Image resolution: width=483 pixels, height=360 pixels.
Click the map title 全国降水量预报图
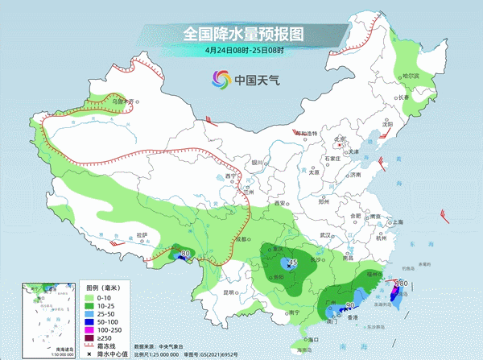tap(242, 35)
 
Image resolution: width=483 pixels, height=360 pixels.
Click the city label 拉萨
tap(142, 234)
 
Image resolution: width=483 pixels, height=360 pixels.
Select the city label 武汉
tap(326, 234)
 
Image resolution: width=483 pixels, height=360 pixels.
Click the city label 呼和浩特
tap(304, 133)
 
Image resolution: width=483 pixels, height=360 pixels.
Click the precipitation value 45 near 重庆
tap(293, 263)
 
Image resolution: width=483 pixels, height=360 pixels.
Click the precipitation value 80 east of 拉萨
tap(187, 254)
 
